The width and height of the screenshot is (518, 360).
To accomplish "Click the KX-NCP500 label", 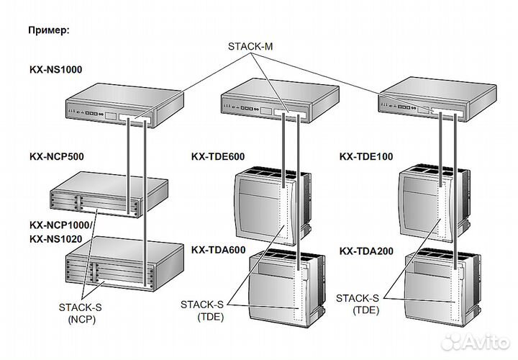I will pyautogui.click(x=56, y=156).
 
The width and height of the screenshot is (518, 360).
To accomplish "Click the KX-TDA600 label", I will pyautogui.click(x=219, y=250).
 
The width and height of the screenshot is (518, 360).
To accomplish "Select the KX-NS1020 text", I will pyautogui.click(x=56, y=238).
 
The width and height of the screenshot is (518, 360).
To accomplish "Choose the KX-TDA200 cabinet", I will pyautogui.click(x=439, y=284).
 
